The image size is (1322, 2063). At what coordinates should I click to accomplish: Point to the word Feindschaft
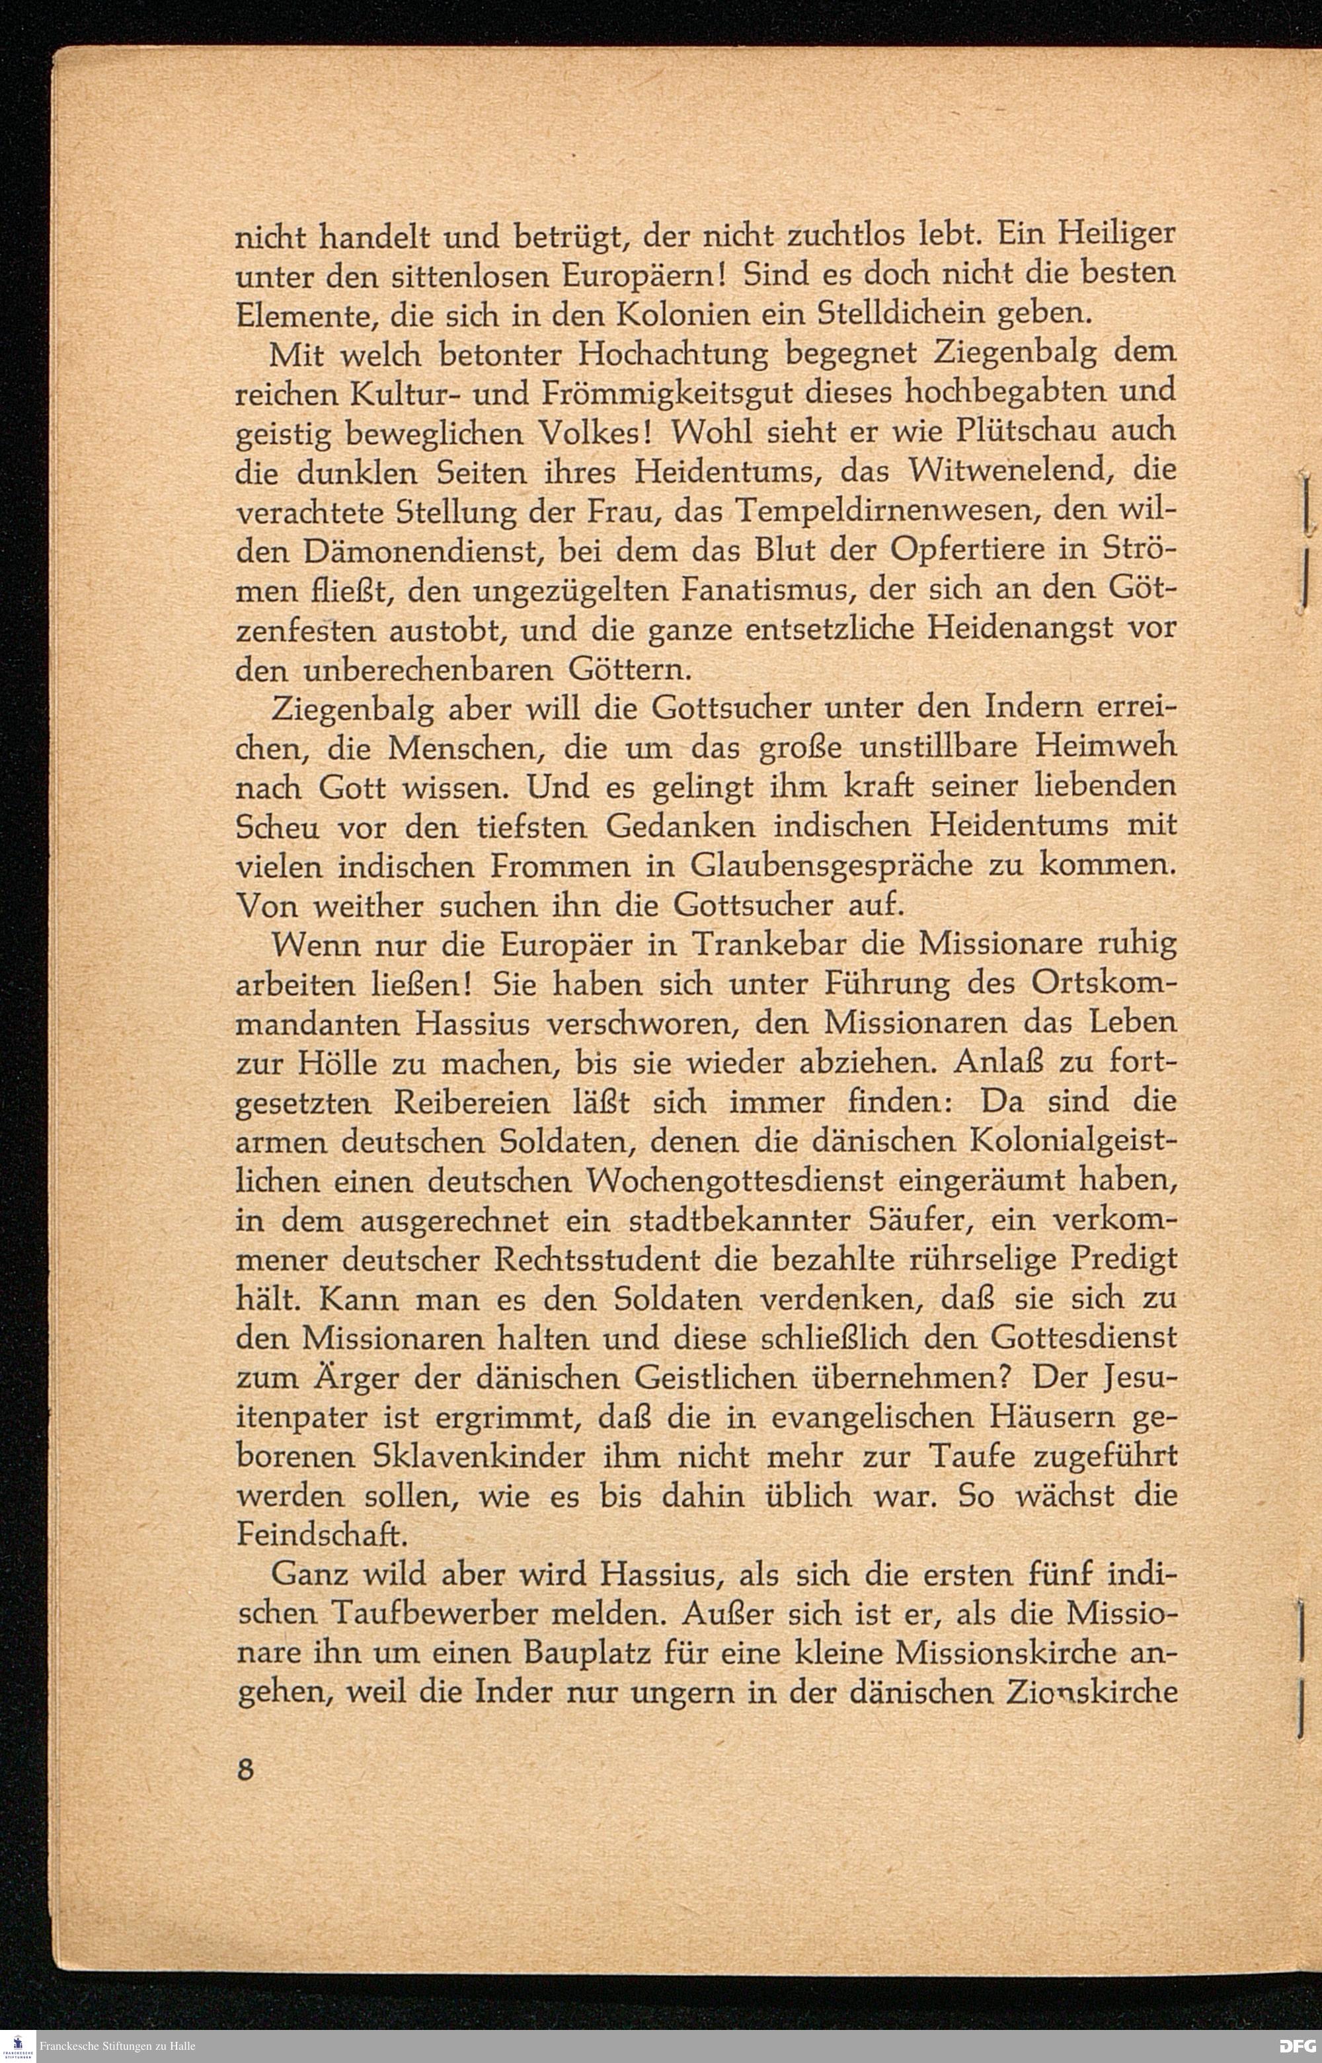[x=315, y=1538]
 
